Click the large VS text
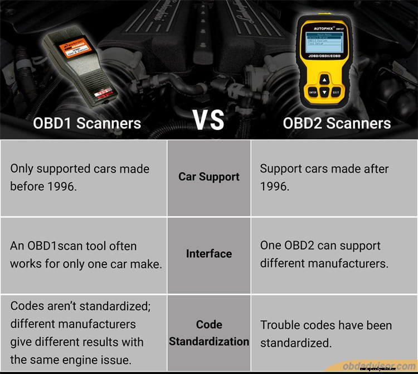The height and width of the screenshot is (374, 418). [208, 120]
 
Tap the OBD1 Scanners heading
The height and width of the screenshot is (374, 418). [87, 123]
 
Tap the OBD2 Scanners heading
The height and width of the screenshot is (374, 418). [337, 123]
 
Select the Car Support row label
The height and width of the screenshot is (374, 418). [209, 176]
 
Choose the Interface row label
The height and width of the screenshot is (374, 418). [209, 254]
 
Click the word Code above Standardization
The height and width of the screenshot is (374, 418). [209, 324]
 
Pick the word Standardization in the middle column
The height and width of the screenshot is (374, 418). [209, 341]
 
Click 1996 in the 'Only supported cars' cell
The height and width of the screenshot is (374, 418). [60, 186]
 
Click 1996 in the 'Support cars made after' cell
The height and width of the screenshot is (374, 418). [275, 186]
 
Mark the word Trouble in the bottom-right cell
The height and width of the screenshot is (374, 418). [280, 325]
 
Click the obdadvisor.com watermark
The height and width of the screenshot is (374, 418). [378, 366]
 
